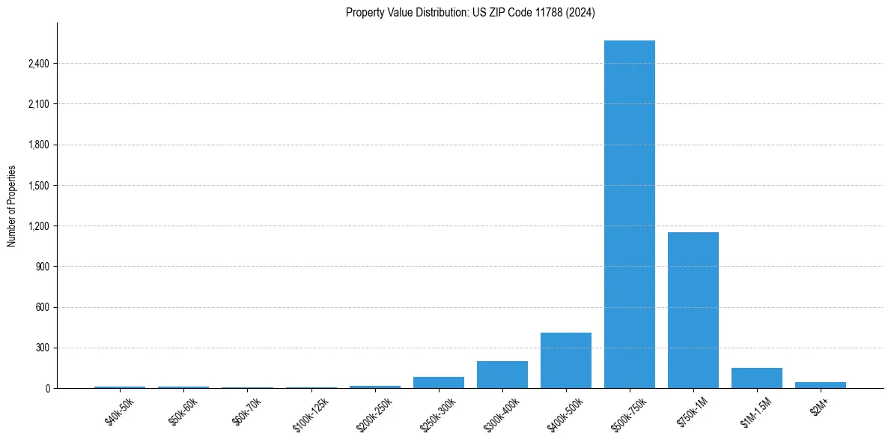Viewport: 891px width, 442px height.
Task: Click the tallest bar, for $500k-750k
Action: (x=630, y=214)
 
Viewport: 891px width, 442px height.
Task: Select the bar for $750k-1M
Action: (x=693, y=310)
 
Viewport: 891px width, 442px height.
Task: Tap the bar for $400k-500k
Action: (x=566, y=360)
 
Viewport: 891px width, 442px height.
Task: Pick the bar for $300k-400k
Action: (x=502, y=375)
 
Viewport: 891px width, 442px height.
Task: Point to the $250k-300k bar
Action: (x=439, y=382)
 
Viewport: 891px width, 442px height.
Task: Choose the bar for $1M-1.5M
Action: (x=757, y=378)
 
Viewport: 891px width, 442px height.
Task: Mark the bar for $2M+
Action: (x=821, y=385)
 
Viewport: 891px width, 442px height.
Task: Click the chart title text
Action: (x=470, y=13)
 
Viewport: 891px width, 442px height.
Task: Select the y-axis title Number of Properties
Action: (x=12, y=205)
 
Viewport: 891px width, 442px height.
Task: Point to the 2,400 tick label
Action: (x=38, y=64)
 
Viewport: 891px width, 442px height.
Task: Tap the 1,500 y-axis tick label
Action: (x=38, y=186)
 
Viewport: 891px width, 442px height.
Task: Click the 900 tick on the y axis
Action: (x=42, y=267)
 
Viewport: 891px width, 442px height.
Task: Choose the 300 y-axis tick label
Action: (x=42, y=348)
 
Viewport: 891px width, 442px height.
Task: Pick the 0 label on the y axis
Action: (x=46, y=389)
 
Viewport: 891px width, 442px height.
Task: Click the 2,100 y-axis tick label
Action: (x=38, y=104)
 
